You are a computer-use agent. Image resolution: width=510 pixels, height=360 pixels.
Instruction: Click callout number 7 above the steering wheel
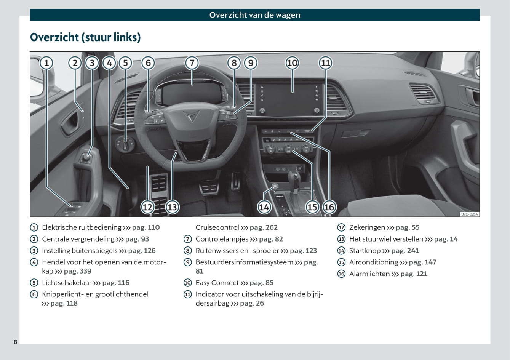click(x=192, y=63)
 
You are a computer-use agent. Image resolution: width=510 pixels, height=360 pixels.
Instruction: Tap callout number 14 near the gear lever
click(x=264, y=207)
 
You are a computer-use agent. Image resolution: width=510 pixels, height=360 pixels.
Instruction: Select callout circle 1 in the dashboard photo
click(x=46, y=63)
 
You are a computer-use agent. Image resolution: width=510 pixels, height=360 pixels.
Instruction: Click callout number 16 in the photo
click(x=329, y=207)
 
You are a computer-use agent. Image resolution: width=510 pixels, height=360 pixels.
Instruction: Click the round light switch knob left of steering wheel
click(x=125, y=145)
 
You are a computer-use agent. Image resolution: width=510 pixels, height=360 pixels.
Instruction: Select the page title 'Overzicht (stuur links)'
click(x=85, y=37)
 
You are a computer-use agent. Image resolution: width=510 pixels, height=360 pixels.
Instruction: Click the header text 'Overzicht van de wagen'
click(x=255, y=15)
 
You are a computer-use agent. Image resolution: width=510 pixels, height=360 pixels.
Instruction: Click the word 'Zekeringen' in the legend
click(x=367, y=227)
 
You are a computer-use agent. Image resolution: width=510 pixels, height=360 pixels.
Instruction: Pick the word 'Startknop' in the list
click(x=365, y=251)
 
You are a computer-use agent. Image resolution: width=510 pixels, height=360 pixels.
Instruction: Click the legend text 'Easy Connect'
click(x=217, y=283)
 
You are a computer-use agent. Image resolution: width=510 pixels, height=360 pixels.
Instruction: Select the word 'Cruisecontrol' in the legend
click(x=217, y=227)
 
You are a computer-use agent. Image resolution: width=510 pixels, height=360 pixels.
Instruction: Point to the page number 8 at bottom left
click(x=16, y=342)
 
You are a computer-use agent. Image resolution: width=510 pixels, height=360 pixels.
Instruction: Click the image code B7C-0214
click(x=469, y=214)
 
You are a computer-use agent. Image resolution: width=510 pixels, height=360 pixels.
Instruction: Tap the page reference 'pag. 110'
click(x=146, y=227)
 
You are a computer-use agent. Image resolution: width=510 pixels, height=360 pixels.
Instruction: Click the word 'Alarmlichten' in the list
click(x=369, y=274)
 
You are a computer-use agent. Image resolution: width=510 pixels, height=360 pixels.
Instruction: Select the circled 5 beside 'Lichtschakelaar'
click(x=34, y=283)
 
